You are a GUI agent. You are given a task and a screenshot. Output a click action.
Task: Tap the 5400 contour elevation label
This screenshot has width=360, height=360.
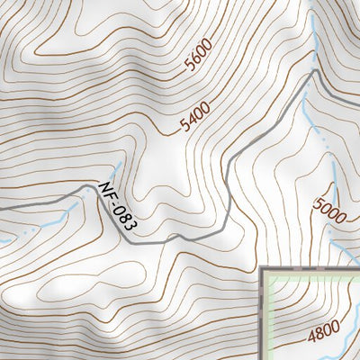(194, 115)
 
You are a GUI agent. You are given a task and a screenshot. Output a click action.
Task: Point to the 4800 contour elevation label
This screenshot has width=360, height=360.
(324, 336)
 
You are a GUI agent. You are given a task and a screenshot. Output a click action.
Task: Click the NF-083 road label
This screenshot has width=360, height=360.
(112, 206)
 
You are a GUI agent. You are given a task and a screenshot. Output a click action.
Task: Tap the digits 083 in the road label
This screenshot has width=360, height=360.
(117, 215)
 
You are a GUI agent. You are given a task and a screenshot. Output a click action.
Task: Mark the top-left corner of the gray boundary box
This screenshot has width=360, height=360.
(262, 268)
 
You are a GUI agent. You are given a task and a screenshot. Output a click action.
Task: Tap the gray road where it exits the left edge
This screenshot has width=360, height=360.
(2, 208)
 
